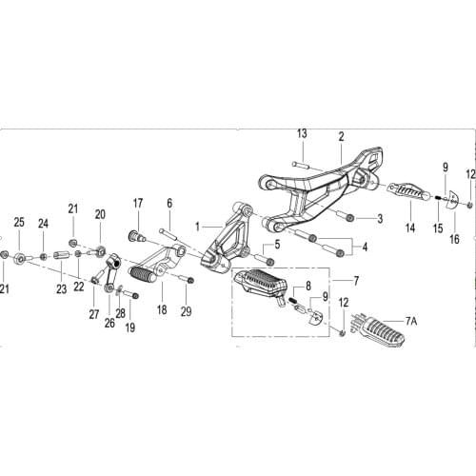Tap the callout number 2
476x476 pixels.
point(341,137)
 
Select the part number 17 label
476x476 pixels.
point(138,203)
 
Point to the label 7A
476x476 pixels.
point(410,322)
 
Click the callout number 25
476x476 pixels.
point(18,222)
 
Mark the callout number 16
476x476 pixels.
point(454,228)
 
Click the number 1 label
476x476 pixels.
point(197,227)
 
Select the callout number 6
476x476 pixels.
point(169,203)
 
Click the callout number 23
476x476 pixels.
point(62,290)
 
